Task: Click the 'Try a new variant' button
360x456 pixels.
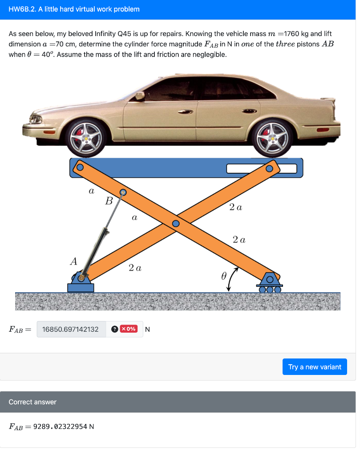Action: [x=315, y=367]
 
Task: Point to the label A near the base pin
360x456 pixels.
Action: [x=73, y=262]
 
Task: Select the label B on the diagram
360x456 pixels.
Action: [x=109, y=201]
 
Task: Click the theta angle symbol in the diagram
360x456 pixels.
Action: [x=224, y=276]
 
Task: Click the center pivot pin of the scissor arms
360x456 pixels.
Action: [x=176, y=223]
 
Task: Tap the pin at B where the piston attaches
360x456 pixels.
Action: [x=123, y=193]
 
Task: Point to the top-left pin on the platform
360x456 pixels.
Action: [x=80, y=167]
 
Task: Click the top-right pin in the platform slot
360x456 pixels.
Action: [x=269, y=169]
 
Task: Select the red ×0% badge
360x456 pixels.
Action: [x=129, y=329]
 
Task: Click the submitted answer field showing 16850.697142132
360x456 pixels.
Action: [x=71, y=330]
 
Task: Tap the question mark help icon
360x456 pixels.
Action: [x=114, y=329]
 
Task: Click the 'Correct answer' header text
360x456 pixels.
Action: [x=32, y=402]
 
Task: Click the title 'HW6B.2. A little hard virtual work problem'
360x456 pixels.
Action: [x=74, y=9]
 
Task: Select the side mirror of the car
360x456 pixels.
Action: [x=140, y=95]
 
